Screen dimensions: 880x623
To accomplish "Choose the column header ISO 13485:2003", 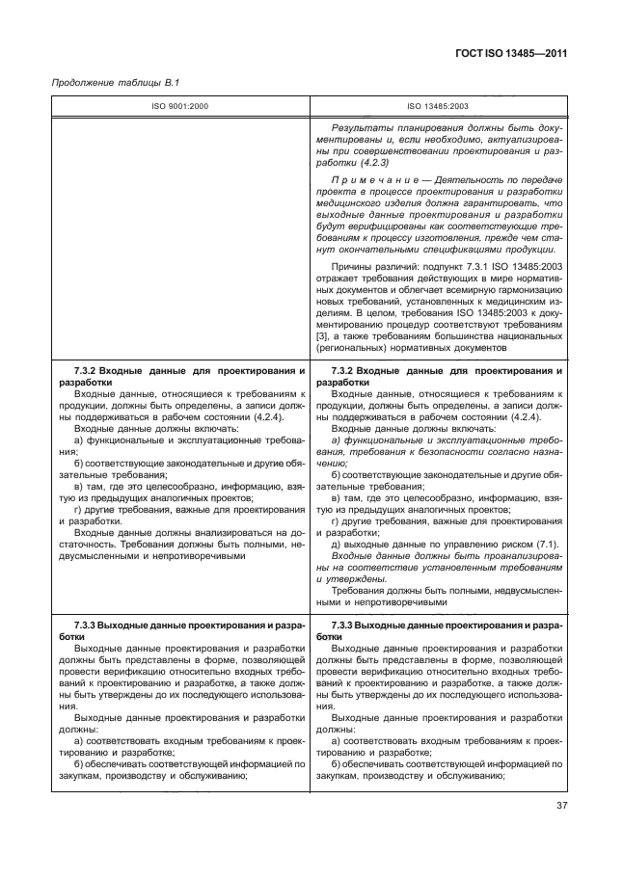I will [x=438, y=106].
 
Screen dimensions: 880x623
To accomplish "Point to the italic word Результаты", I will [x=361, y=128].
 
